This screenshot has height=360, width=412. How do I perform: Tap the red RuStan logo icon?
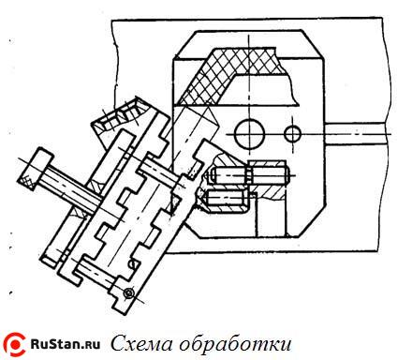tap(15, 343)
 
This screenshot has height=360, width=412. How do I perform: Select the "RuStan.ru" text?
tap(65, 343)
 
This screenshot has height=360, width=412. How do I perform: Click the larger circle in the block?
tap(249, 133)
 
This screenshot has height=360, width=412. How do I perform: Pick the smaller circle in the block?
tap(292, 132)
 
